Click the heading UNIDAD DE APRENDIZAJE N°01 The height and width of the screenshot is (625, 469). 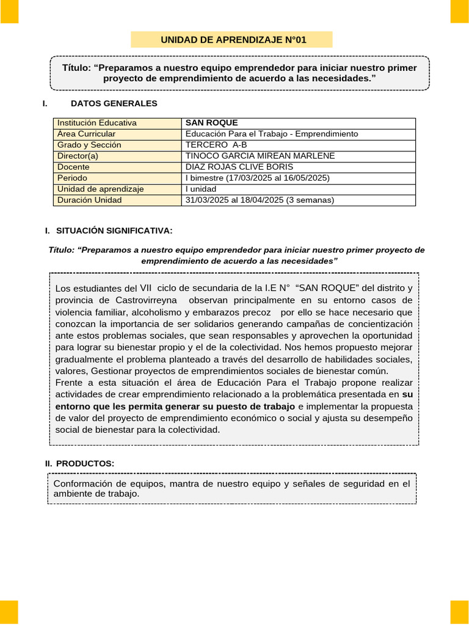click(233, 40)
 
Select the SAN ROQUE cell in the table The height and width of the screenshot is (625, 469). click(211, 123)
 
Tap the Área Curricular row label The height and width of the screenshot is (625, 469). click(86, 134)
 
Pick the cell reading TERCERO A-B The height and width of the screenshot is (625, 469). click(216, 145)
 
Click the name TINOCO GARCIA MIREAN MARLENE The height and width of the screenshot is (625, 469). click(260, 156)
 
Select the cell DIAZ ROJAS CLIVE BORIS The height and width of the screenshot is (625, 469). click(239, 167)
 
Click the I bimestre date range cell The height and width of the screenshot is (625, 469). click(257, 178)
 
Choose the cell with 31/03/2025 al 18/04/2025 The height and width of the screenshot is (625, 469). click(260, 200)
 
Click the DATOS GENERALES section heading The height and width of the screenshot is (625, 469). click(114, 104)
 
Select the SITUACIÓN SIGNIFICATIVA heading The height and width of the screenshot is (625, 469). click(114, 231)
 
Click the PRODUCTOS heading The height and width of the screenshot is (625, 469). click(85, 464)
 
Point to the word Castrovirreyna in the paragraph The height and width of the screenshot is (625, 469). click(147, 300)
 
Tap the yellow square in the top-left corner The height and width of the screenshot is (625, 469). click(9, 11)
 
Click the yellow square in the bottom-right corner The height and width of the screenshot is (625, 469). click(459, 612)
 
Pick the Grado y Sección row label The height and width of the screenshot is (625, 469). click(89, 145)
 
